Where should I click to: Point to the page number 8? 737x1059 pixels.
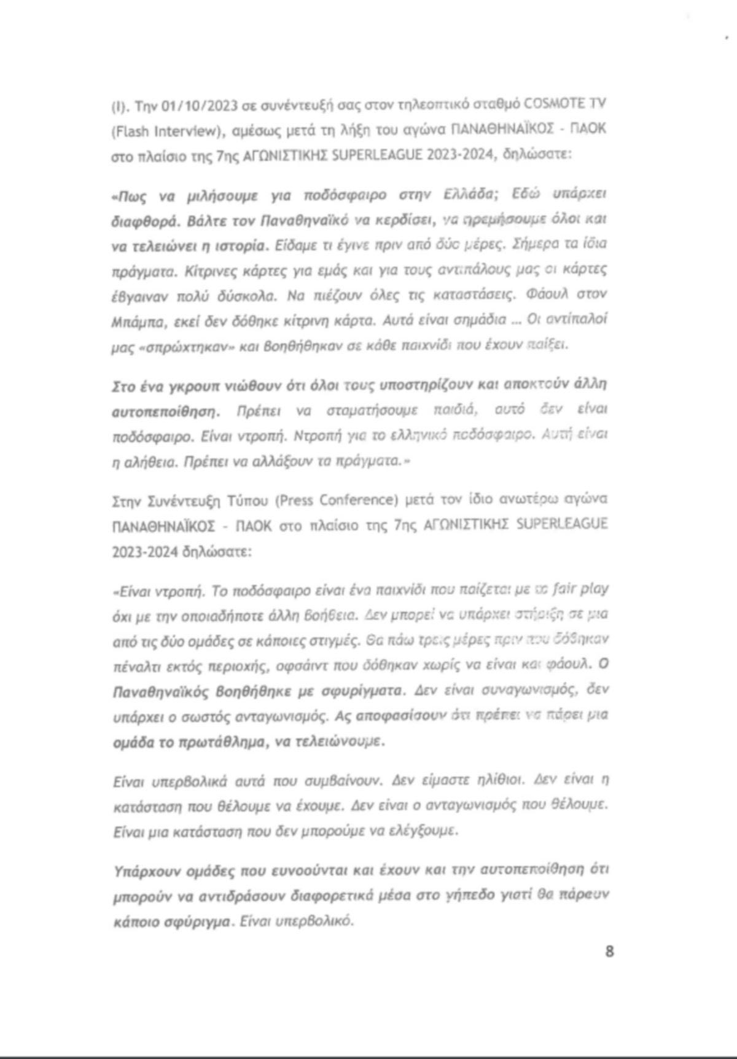[609, 952]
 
